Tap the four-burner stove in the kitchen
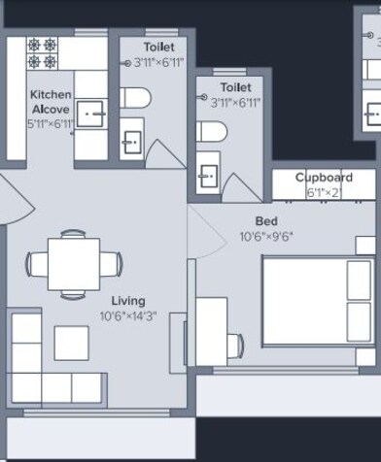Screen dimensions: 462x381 (x=43, y=53)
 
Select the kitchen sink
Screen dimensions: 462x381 (x=91, y=114)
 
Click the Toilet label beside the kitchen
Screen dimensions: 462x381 (x=158, y=47)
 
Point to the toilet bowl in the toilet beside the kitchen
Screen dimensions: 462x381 (x=135, y=98)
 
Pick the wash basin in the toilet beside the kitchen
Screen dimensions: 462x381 (x=131, y=143)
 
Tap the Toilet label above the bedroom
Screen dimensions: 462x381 (x=235, y=87)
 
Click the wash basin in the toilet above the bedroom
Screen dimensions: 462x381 (x=208, y=176)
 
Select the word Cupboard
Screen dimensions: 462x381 (x=324, y=178)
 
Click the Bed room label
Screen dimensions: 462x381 (x=266, y=221)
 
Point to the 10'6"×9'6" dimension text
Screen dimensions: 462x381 (x=266, y=236)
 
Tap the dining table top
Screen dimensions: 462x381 (x=74, y=262)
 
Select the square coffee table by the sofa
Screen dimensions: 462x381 (x=71, y=343)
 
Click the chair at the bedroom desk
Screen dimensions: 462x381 (x=235, y=343)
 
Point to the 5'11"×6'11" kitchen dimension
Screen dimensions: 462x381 (x=50, y=124)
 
